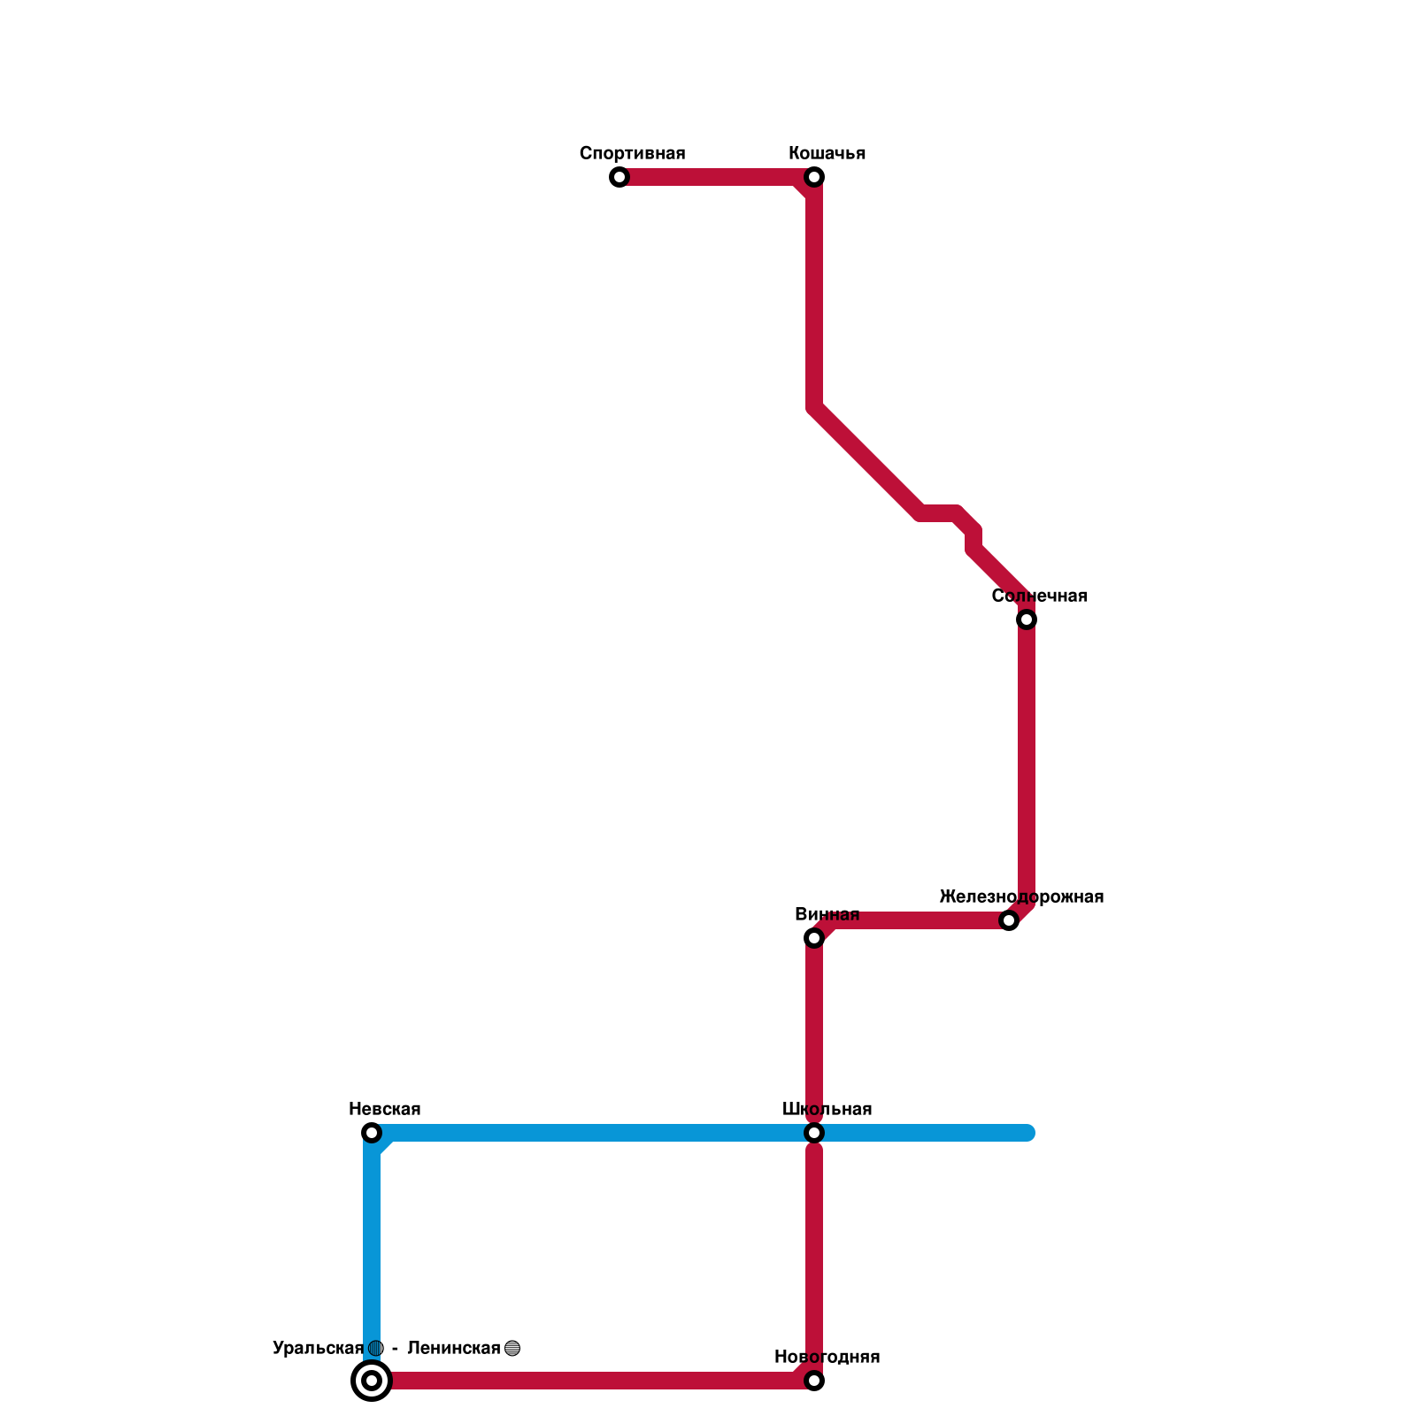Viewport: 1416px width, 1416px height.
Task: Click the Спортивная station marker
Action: (619, 177)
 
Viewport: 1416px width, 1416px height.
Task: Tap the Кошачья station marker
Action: (814, 177)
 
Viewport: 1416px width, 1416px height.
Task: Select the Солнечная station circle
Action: (1027, 619)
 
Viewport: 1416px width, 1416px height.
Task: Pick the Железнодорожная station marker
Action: (1009, 920)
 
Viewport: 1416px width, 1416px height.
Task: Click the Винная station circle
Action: (814, 938)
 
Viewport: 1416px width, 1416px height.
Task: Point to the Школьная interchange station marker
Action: (814, 1133)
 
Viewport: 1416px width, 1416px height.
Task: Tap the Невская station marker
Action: (372, 1133)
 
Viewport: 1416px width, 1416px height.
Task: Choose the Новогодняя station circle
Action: (814, 1381)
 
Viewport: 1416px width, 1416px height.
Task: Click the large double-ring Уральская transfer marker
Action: (372, 1381)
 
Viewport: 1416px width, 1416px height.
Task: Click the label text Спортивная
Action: (632, 154)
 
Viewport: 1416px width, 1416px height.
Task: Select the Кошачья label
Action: (827, 154)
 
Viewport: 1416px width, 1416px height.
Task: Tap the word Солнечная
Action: (1039, 596)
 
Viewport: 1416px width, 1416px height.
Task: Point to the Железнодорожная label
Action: (1021, 897)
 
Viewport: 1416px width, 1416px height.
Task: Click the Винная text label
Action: (827, 915)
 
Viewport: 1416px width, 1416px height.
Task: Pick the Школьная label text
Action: (827, 1110)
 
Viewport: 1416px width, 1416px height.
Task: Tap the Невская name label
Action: (384, 1110)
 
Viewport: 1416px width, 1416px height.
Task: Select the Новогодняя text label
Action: (827, 1358)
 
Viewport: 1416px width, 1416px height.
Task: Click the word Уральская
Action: (318, 1349)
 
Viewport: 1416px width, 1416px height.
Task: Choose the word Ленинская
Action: (453, 1349)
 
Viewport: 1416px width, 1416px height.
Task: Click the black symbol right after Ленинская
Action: (512, 1349)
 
